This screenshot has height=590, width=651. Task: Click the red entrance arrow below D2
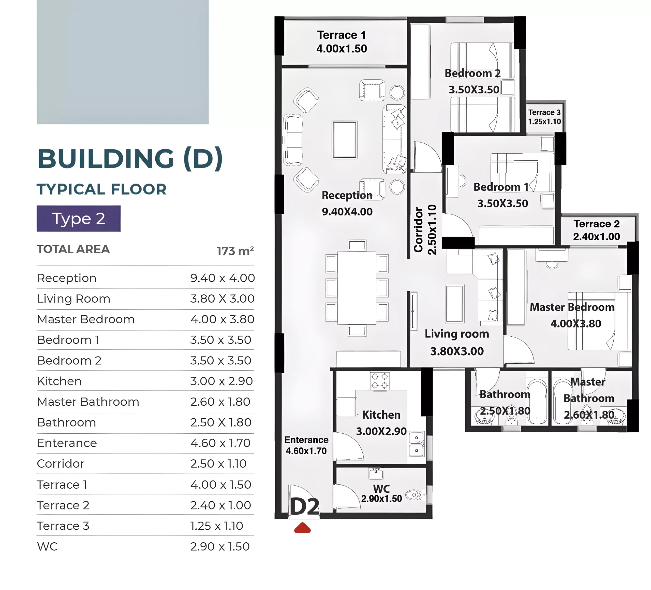[x=302, y=528]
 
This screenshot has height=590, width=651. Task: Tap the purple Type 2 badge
[x=79, y=218]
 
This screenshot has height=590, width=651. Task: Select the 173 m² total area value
[x=235, y=251]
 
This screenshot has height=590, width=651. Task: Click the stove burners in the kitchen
[x=380, y=381]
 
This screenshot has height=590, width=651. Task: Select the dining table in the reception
[x=357, y=288]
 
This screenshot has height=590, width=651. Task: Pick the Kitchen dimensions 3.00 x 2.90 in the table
[x=221, y=381]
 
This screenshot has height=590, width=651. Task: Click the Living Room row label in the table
[x=74, y=299]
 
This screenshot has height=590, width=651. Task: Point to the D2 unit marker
[x=305, y=506]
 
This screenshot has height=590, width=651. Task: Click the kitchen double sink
[x=417, y=444]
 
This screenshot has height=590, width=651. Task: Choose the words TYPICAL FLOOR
[x=102, y=189]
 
